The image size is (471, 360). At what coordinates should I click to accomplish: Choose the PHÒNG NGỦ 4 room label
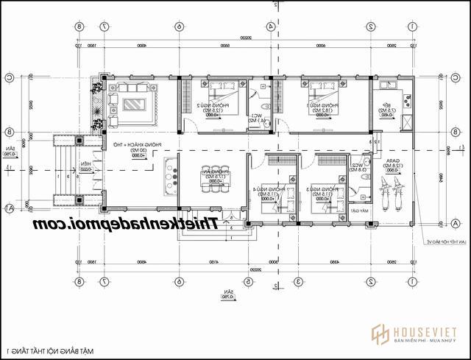[x=266, y=190]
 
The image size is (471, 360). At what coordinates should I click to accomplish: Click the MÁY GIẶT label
[x=360, y=210]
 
